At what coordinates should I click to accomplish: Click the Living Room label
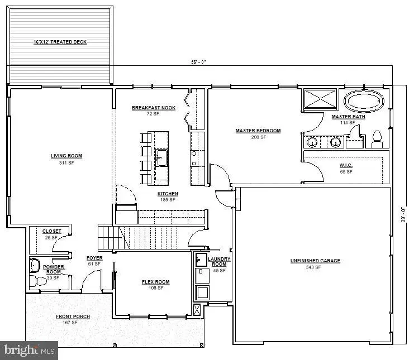tap(66, 156)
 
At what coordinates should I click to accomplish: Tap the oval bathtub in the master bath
tap(364, 102)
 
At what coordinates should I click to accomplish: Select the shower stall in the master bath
tap(320, 100)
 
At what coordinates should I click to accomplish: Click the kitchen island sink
tap(161, 157)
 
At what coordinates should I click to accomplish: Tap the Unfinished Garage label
tap(315, 261)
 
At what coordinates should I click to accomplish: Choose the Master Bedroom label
tap(258, 131)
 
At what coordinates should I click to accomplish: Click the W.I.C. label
tap(346, 166)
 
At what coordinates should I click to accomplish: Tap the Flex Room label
tap(155, 282)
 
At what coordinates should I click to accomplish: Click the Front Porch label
tap(73, 316)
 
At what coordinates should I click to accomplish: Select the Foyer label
tap(94, 258)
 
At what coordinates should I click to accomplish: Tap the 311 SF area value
tap(66, 163)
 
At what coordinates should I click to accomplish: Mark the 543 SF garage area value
tap(315, 267)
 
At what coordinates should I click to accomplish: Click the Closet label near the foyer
tap(52, 231)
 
